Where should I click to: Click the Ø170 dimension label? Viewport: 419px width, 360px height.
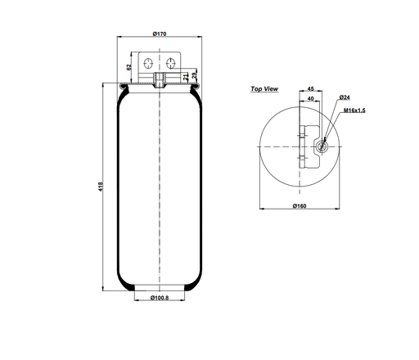160,34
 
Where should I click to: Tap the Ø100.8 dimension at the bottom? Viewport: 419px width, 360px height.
160,298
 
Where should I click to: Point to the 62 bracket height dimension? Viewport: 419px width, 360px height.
129,66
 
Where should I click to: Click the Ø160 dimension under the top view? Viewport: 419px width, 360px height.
300,205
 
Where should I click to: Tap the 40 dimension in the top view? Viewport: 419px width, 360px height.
311,99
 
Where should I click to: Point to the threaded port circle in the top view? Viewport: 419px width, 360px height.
321,148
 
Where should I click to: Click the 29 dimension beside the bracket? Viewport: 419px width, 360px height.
194,78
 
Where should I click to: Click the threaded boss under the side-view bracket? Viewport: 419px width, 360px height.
160,79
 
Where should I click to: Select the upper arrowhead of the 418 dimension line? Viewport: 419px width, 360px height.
105,83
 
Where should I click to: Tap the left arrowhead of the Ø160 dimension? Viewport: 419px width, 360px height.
262,209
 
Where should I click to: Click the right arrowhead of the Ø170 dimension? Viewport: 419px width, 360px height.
199,38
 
